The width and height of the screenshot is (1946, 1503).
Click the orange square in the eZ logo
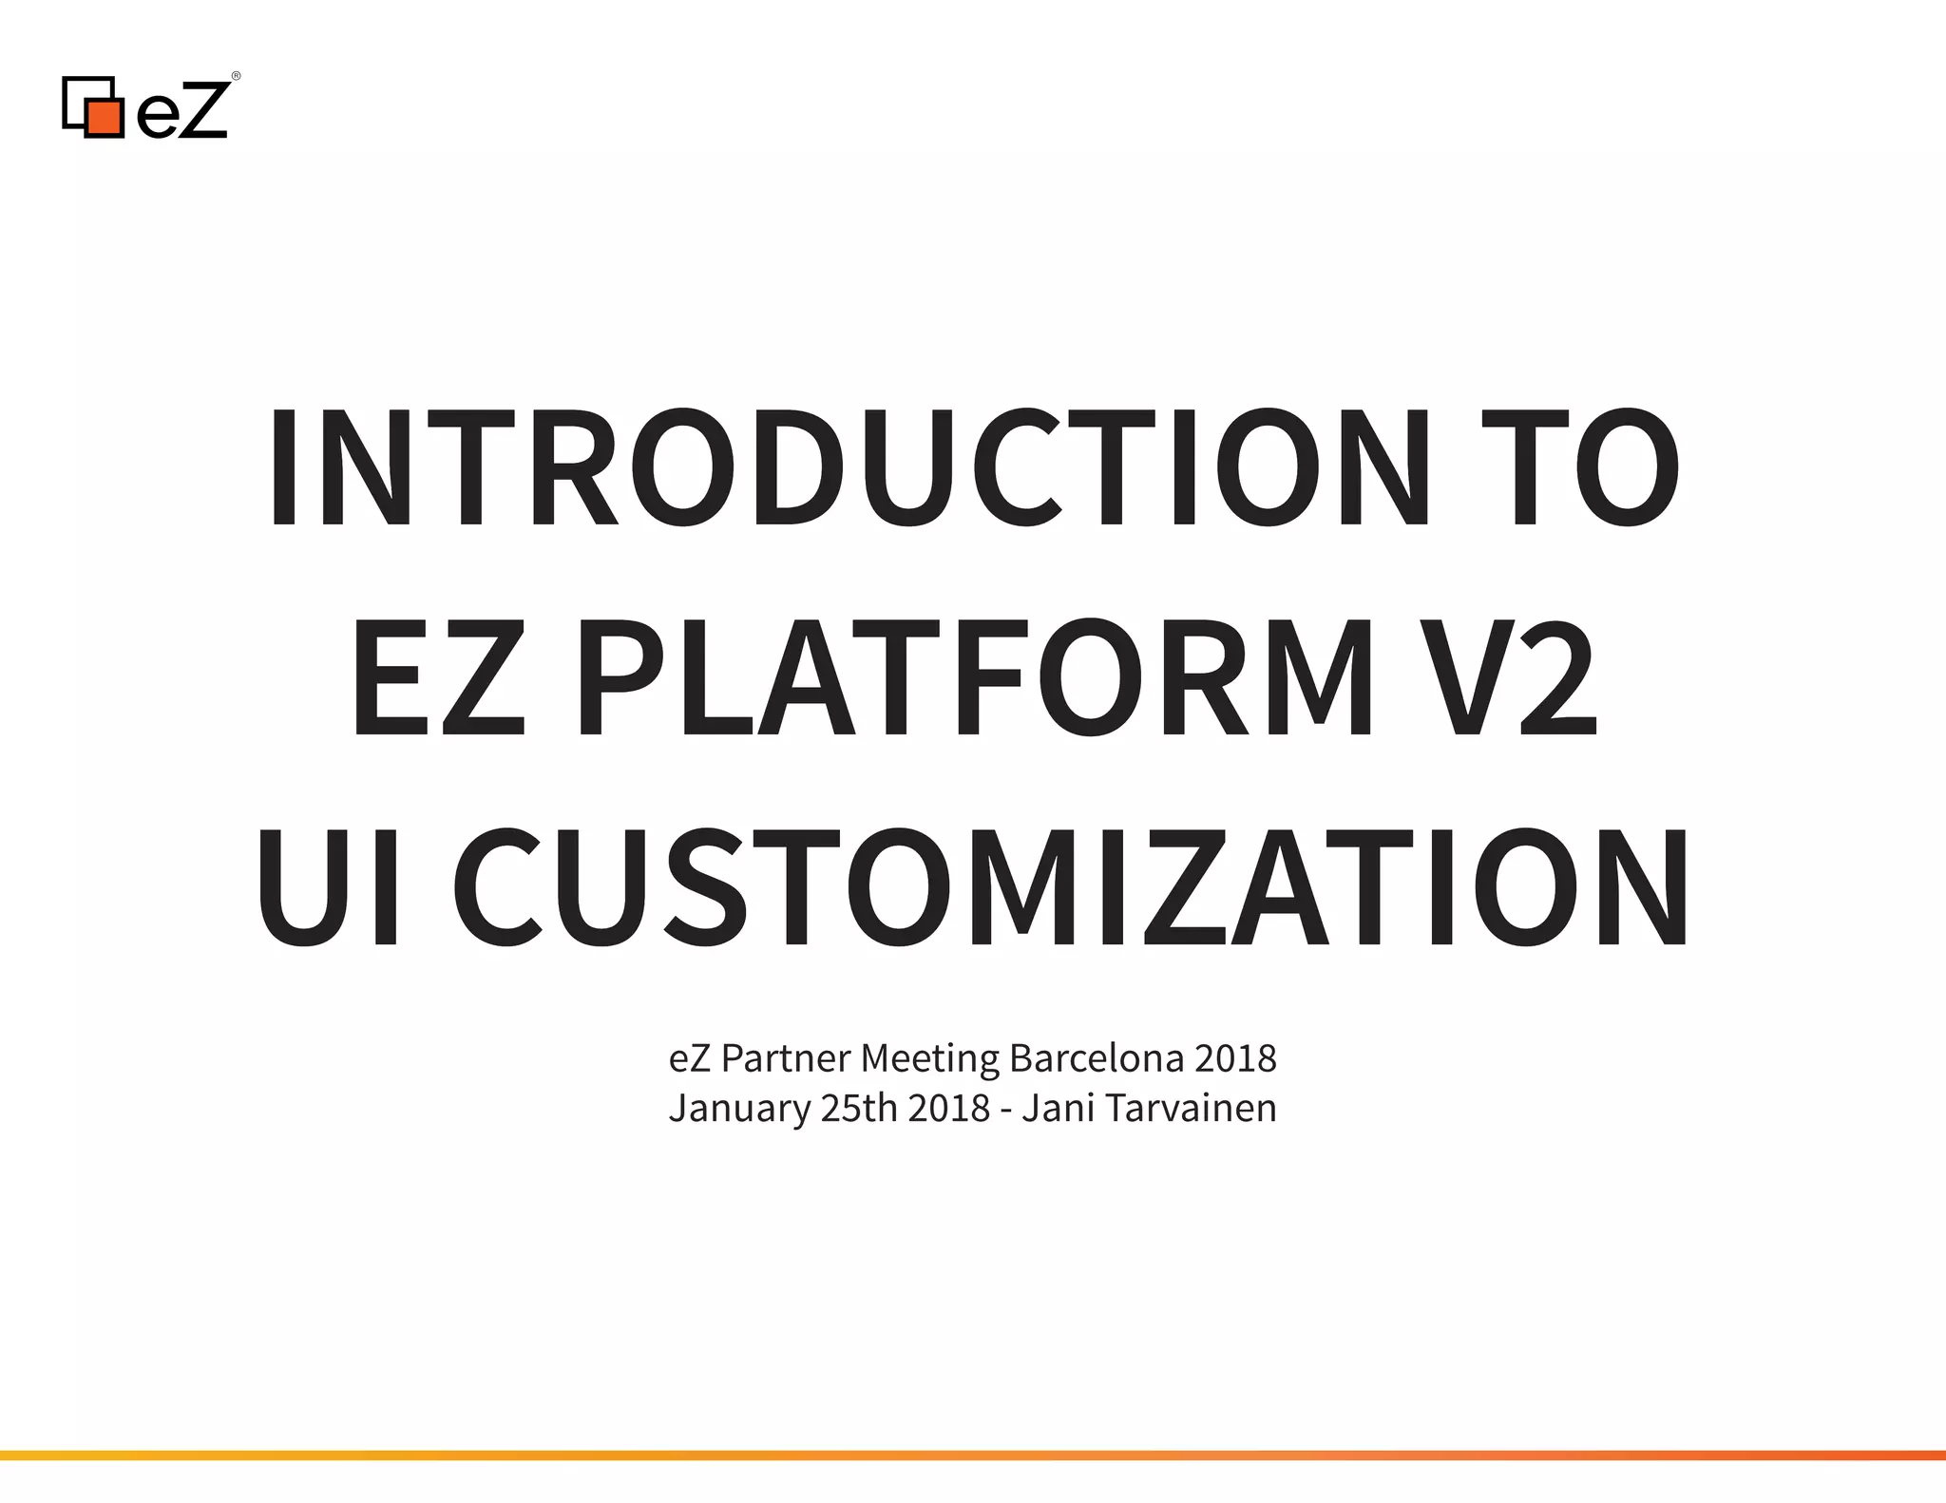(x=105, y=117)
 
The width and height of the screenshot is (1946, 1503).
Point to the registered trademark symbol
(x=236, y=76)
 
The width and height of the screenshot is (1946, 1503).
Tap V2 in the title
(x=1511, y=677)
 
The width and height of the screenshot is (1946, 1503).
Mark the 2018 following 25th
(x=948, y=1108)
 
